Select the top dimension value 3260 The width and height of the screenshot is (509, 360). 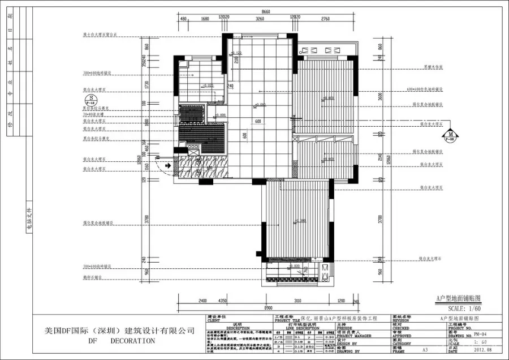coord(260,19)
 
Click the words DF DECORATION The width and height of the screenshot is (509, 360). coord(122,341)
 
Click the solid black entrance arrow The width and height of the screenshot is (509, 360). coord(167,165)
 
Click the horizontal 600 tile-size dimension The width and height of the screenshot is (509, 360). coord(257,121)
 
